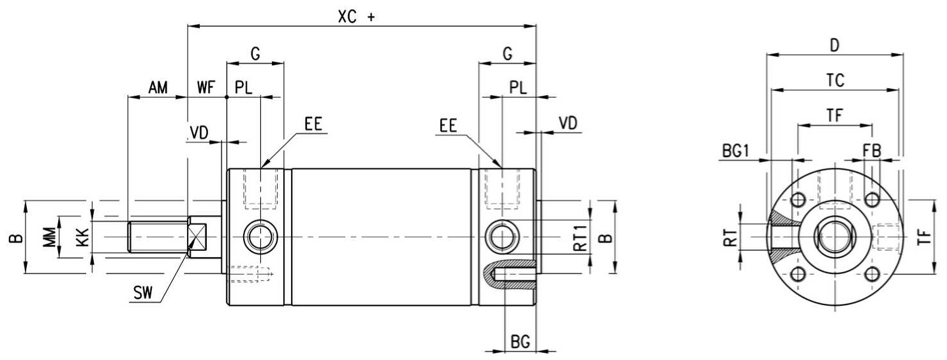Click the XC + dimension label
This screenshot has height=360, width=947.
pos(356,17)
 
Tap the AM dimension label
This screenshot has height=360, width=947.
pos(158,87)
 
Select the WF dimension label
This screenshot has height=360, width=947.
pos(206,87)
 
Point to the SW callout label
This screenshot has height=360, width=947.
pos(143,293)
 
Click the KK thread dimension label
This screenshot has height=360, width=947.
pos(83,237)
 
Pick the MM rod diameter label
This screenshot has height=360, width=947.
pos(50,237)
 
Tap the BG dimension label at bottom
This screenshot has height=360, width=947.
pos(521,341)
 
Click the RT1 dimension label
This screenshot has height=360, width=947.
pos(581,238)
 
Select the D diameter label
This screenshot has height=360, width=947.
pos(835,45)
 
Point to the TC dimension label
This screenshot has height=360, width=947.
pos(835,80)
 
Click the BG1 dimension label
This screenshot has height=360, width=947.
pos(736,151)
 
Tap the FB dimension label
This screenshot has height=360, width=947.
pos(872,151)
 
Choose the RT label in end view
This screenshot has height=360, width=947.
pos(731,239)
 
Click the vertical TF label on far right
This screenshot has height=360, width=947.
pos(925,237)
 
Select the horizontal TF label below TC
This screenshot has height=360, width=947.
pos(835,115)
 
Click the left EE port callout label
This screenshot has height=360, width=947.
pos(313,124)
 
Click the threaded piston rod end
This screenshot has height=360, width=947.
pos(158,237)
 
